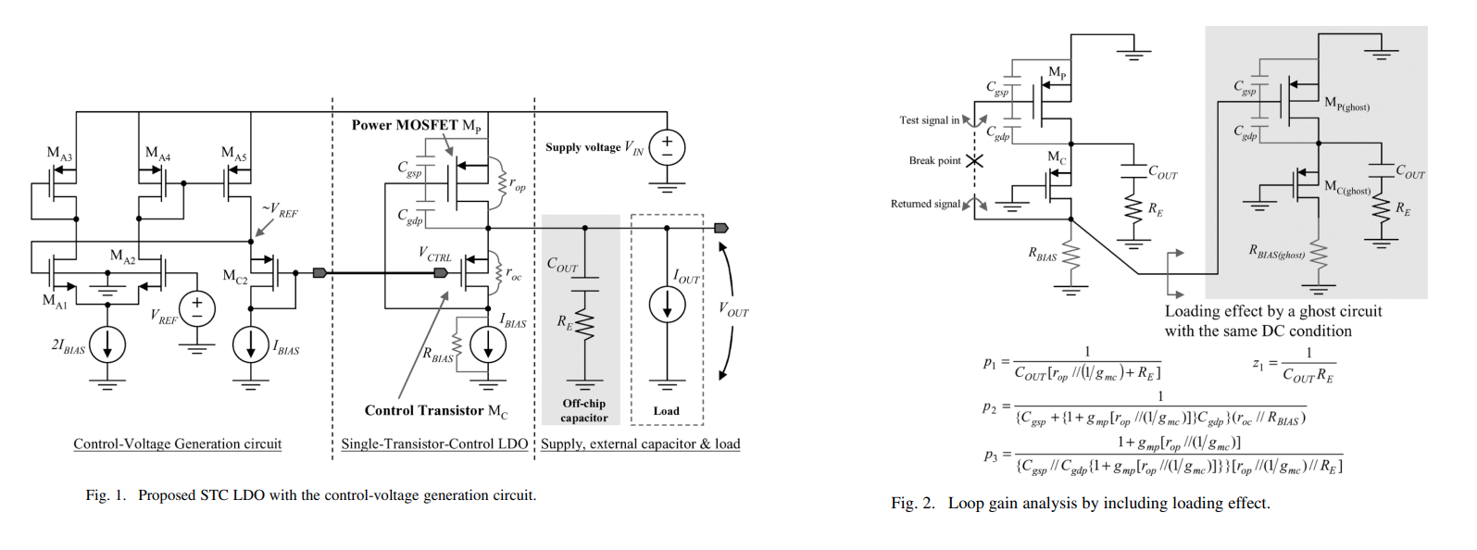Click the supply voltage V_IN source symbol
pyautogui.click(x=667, y=147)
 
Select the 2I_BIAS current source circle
pyautogui.click(x=107, y=344)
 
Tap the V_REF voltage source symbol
pyautogui.click(x=196, y=308)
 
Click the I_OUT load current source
pyautogui.click(x=667, y=306)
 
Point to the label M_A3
pyautogui.click(x=59, y=154)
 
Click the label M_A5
pyautogui.click(x=234, y=154)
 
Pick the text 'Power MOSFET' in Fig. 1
pyautogui.click(x=404, y=125)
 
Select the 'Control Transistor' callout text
pyautogui.click(x=424, y=410)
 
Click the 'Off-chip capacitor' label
pyautogui.click(x=583, y=410)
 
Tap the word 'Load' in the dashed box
pyautogui.click(x=666, y=411)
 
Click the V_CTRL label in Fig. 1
pyautogui.click(x=434, y=254)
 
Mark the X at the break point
pyautogui.click(x=974, y=160)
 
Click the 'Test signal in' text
pyautogui.click(x=929, y=120)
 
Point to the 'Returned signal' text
pyautogui.click(x=926, y=204)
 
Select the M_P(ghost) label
pyautogui.click(x=1346, y=104)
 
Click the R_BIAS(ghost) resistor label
pyautogui.click(x=1277, y=251)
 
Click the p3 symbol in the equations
pyautogui.click(x=990, y=455)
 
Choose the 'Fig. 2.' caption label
pyautogui.click(x=913, y=503)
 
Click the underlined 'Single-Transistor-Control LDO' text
pyautogui.click(x=434, y=444)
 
